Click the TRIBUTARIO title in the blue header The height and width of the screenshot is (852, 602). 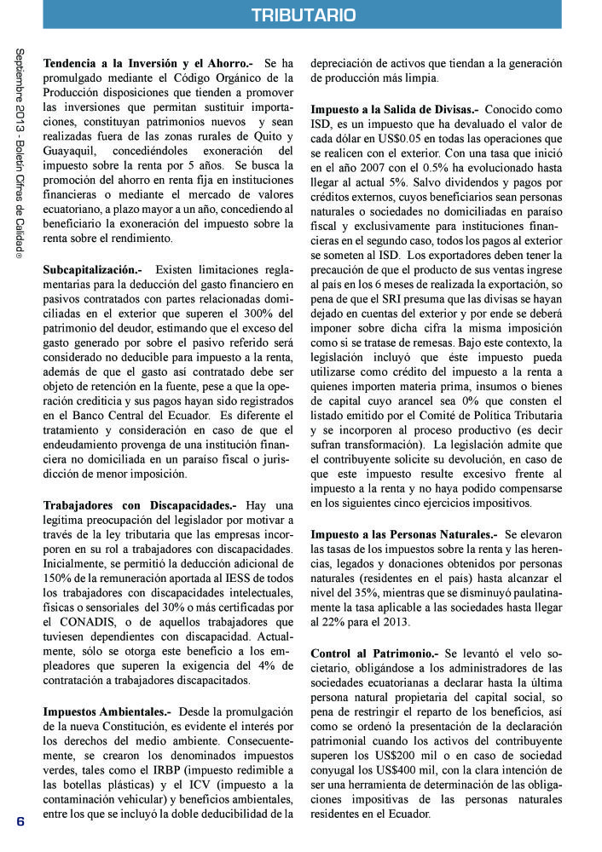coord(304,15)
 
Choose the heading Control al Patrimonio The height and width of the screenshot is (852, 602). coord(374,653)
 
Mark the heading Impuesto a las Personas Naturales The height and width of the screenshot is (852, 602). coord(402,534)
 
